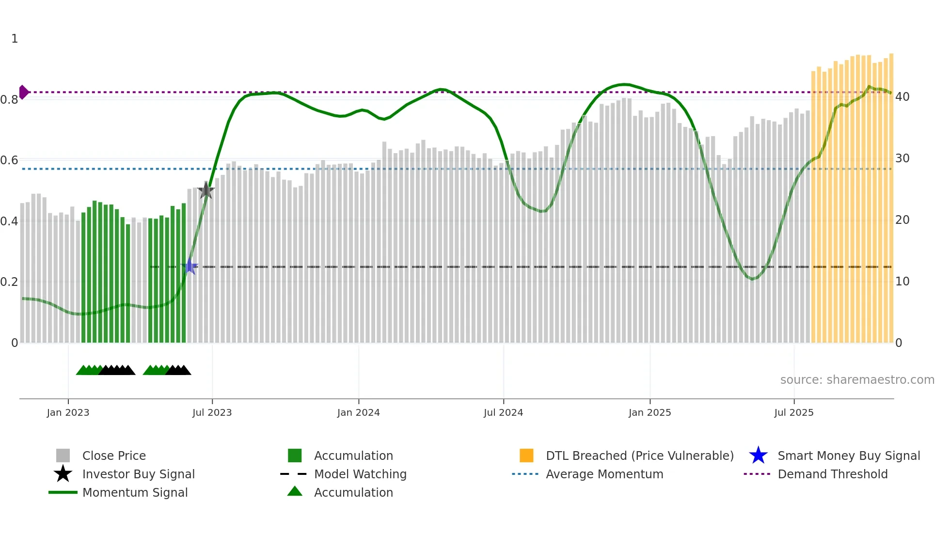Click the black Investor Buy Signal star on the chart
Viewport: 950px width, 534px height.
click(206, 190)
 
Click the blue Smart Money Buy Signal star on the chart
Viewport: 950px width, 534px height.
click(190, 266)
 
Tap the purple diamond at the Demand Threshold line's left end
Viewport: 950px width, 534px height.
click(23, 92)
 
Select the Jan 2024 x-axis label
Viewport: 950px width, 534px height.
click(358, 412)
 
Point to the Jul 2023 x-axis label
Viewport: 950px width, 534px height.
click(212, 412)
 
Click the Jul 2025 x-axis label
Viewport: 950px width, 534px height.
click(793, 412)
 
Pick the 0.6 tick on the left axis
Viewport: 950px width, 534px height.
click(9, 160)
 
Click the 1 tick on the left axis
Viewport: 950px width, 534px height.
click(15, 39)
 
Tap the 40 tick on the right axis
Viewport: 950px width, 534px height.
click(902, 97)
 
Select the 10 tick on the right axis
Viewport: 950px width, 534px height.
click(902, 282)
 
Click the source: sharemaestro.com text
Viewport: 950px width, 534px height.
click(857, 380)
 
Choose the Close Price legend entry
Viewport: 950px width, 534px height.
click(114, 455)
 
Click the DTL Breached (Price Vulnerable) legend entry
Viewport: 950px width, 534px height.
click(639, 455)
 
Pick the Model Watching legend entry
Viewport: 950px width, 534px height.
click(360, 474)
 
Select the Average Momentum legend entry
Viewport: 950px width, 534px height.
click(604, 474)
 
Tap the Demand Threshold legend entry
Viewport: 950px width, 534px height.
click(832, 474)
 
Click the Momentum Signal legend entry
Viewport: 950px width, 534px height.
click(135, 492)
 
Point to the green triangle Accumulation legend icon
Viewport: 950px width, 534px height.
click(295, 491)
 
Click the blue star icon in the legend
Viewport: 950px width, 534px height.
click(758, 455)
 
